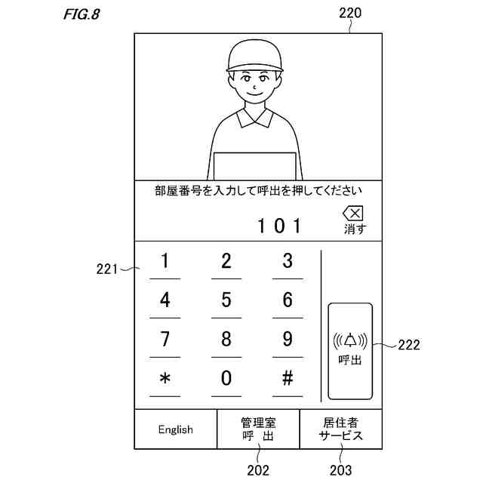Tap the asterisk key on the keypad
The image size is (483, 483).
[165, 379]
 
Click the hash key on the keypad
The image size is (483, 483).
[288, 379]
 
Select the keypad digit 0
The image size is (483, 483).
[226, 379]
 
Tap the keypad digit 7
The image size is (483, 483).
[165, 340]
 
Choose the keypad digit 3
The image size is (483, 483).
[288, 262]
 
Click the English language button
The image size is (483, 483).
[175, 429]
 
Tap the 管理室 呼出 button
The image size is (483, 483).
[258, 429]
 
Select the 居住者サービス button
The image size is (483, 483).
[340, 429]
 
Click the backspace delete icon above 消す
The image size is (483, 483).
[352, 214]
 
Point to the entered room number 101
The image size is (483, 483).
[279, 225]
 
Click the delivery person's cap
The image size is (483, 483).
[257, 55]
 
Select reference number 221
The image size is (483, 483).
[109, 266]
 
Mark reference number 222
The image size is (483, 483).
[408, 345]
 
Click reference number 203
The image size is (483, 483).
[340, 470]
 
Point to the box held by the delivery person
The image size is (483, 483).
[254, 166]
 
